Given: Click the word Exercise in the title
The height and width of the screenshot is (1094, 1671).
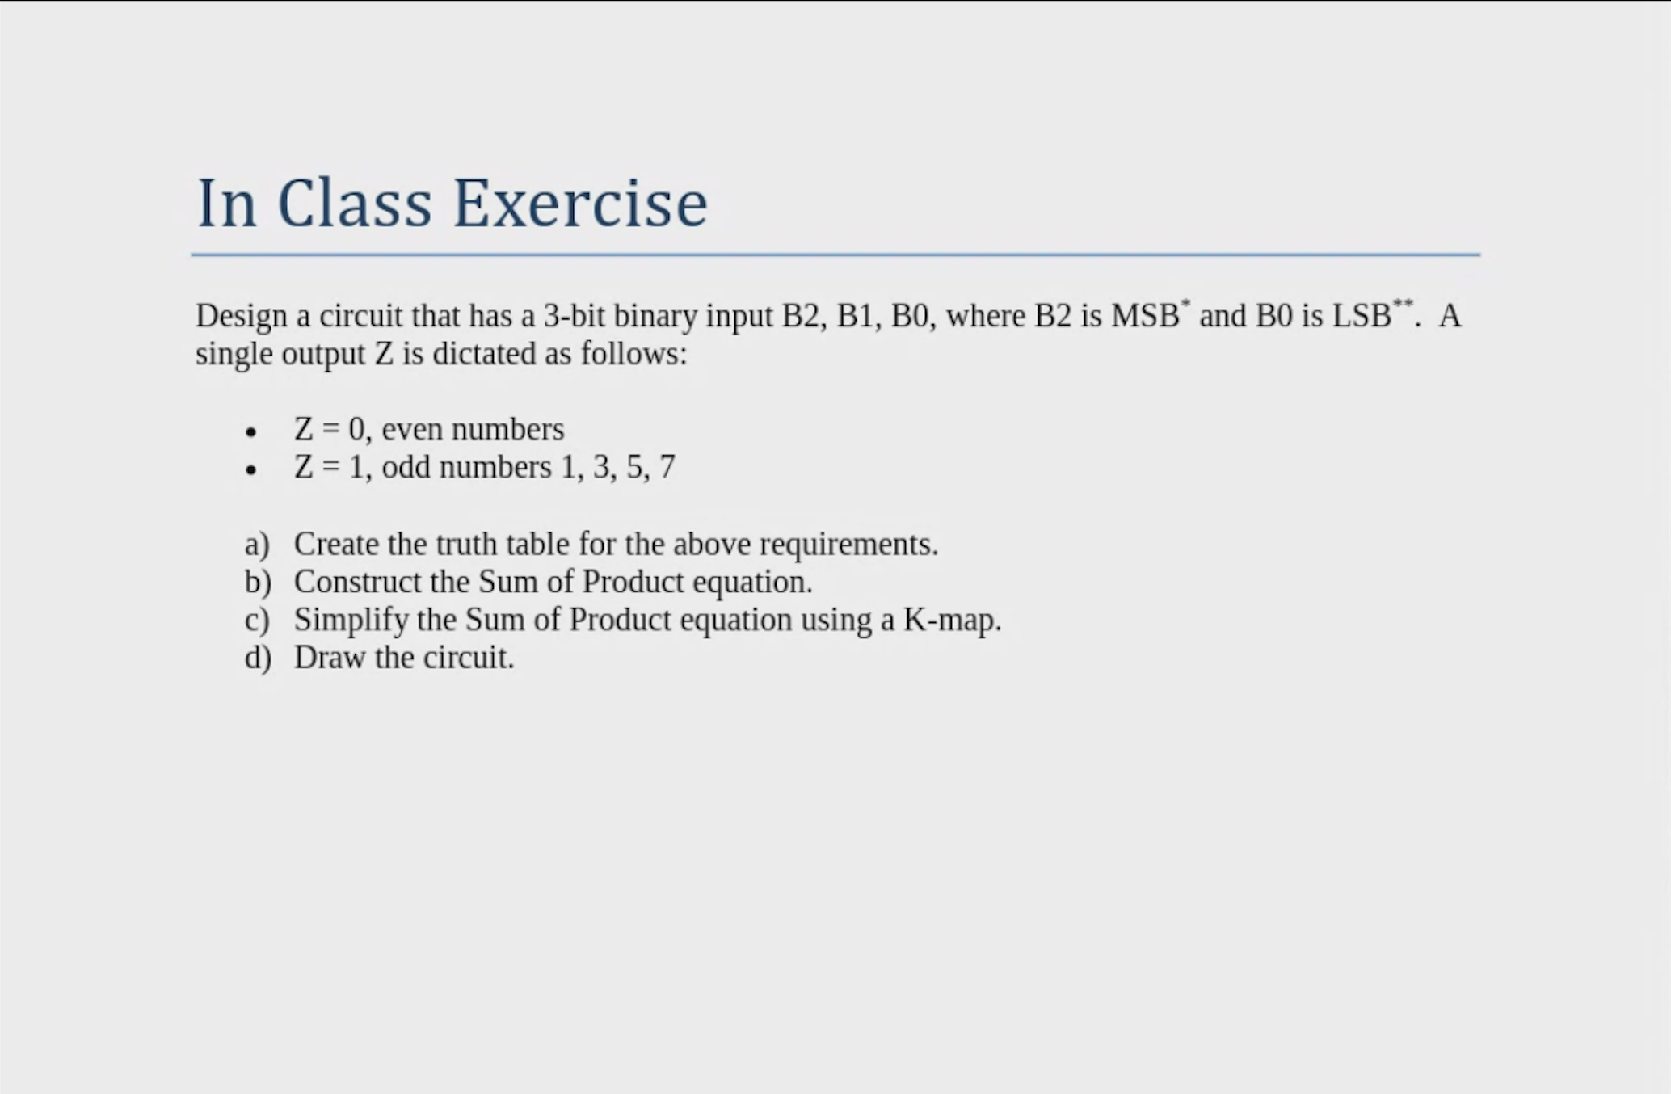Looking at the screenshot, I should pyautogui.click(x=579, y=204).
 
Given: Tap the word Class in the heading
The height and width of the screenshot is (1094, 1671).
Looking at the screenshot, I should pyautogui.click(x=354, y=204).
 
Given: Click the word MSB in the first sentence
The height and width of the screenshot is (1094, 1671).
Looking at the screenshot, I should pyautogui.click(x=1144, y=316).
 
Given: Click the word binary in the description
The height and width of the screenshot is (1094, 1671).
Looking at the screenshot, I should pyautogui.click(x=655, y=316).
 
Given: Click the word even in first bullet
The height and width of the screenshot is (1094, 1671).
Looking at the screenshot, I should pyautogui.click(x=412, y=429).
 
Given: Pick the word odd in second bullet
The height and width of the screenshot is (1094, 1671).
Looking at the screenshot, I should pyautogui.click(x=406, y=467).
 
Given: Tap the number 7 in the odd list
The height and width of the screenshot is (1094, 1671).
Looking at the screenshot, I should pyautogui.click(x=667, y=467).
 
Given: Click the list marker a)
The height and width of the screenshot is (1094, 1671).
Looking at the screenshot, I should pyautogui.click(x=257, y=545).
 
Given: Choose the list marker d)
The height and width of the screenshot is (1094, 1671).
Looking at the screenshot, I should pyautogui.click(x=258, y=658).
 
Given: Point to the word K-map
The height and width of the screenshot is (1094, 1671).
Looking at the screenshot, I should pyautogui.click(x=952, y=621).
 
